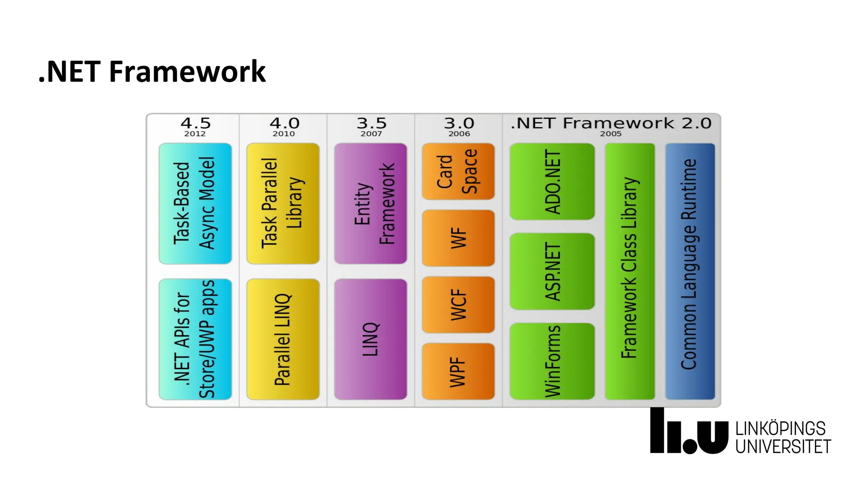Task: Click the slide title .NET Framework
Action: pos(152,72)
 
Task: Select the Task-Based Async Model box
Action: pos(195,203)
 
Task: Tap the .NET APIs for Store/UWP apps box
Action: pos(195,339)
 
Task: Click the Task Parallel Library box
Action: pos(283,203)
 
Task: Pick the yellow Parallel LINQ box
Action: pos(283,339)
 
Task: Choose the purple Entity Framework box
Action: pos(370,203)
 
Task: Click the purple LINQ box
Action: pos(370,339)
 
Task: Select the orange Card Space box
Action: pos(458,172)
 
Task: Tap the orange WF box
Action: pos(458,238)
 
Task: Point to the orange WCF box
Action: pos(458,305)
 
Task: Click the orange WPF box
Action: pos(458,371)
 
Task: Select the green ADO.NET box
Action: pos(552,182)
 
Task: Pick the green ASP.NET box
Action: pos(552,271)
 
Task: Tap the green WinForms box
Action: pos(552,361)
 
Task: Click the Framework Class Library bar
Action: pos(629,271)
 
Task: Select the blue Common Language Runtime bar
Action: pos(690,271)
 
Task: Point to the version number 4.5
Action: pos(195,123)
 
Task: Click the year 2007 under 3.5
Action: pos(371,134)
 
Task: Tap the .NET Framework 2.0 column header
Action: pos(611,123)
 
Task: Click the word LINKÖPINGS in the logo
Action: pos(780,429)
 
